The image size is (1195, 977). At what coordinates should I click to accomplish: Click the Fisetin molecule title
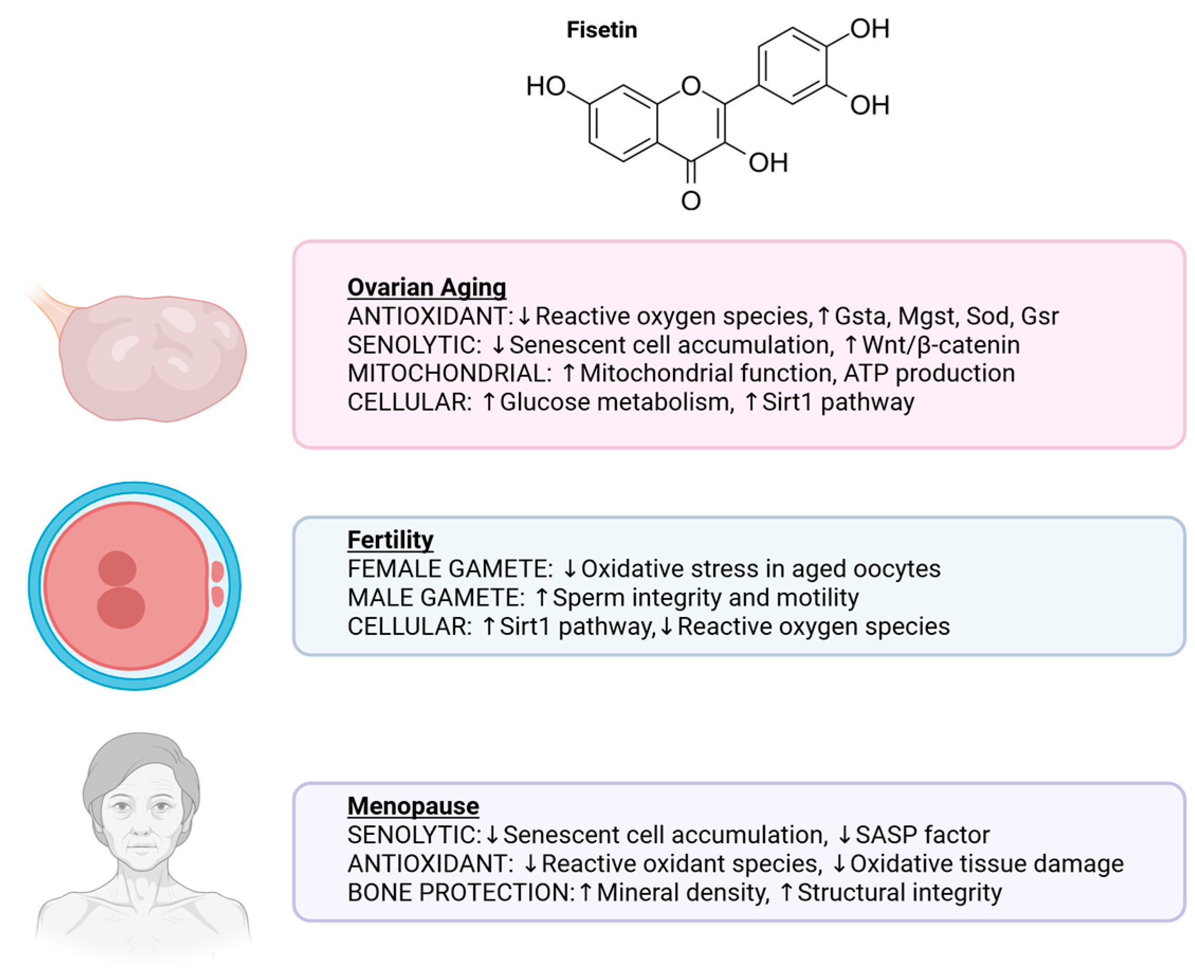click(601, 30)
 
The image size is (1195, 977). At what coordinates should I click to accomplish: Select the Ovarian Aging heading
click(426, 287)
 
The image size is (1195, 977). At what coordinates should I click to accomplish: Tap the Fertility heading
click(390, 539)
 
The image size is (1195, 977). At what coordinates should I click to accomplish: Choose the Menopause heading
click(412, 805)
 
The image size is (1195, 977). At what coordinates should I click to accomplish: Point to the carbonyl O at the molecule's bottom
click(691, 201)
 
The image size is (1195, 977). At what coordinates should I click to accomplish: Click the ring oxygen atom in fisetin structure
click(691, 86)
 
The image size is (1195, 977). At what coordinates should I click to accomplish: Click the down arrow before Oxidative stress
click(569, 569)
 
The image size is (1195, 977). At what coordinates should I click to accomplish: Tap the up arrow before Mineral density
click(585, 892)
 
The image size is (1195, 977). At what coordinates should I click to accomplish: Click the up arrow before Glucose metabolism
click(489, 402)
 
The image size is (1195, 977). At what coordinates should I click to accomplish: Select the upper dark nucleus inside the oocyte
click(117, 568)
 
